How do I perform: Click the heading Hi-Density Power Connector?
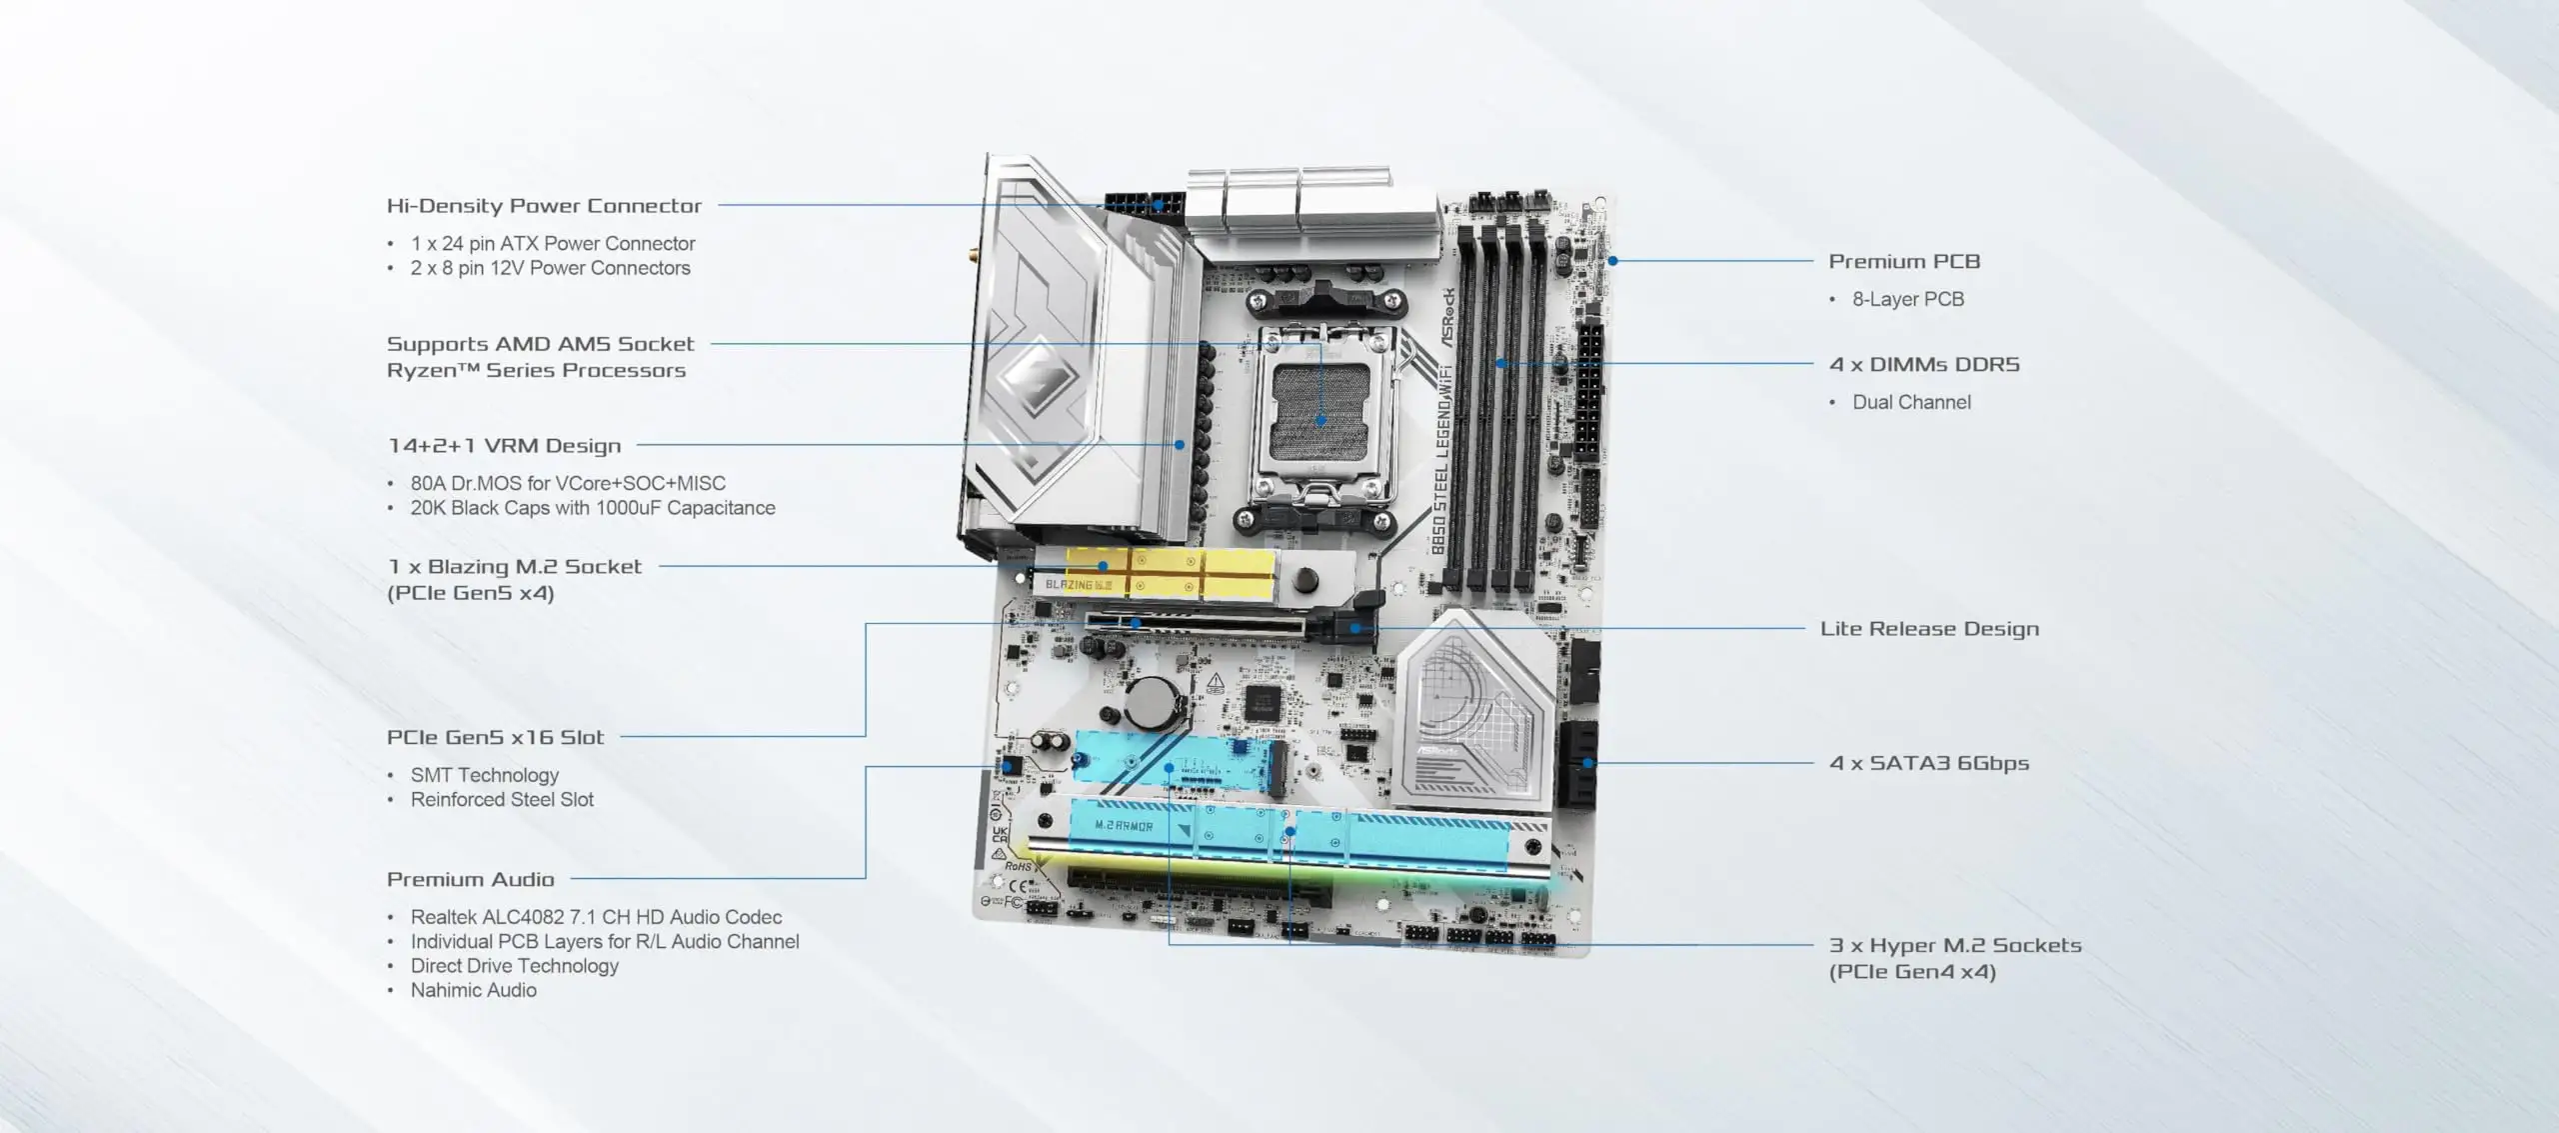click(x=544, y=206)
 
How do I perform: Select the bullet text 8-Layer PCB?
click(x=1907, y=299)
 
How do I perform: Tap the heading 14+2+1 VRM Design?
click(x=504, y=446)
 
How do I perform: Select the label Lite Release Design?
click(x=1928, y=629)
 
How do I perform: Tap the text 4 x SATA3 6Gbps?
click(x=1928, y=763)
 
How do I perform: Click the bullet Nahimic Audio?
click(x=473, y=990)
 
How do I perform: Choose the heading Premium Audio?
click(x=470, y=880)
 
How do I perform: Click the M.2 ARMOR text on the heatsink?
click(x=1124, y=827)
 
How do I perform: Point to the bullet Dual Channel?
click(x=1910, y=402)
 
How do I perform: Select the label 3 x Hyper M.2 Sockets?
click(x=1954, y=946)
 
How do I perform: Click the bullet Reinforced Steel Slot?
click(x=502, y=800)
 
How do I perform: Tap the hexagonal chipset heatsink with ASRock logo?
click(x=1473, y=712)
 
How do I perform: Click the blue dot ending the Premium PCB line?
click(x=1612, y=261)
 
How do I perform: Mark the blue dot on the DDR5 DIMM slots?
click(x=1500, y=364)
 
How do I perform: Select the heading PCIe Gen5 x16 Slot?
click(x=495, y=738)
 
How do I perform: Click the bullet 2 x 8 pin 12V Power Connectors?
click(x=550, y=268)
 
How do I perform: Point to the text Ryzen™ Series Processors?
click(x=536, y=371)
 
